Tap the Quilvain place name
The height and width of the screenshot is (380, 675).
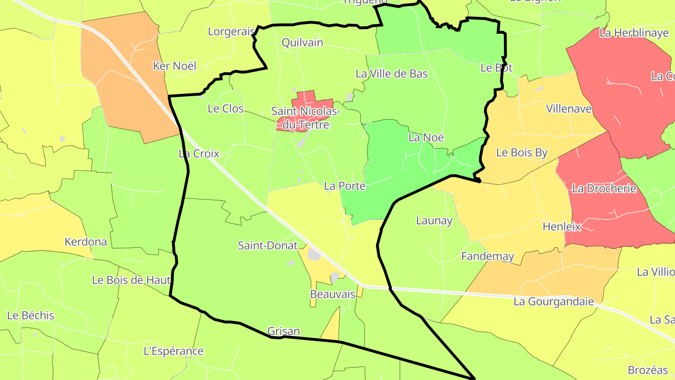coord(302,43)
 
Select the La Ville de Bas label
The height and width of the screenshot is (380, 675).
coord(391,74)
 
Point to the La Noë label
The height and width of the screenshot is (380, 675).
coord(426,137)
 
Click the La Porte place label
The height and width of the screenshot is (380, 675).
coord(345,186)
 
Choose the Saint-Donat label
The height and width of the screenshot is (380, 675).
coord(268,245)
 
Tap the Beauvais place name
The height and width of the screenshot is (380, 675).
coord(333,295)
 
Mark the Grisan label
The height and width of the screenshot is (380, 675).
coord(284,331)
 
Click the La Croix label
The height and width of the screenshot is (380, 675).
coord(199,153)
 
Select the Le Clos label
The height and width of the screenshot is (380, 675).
coord(225,109)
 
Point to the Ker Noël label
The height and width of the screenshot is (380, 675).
coord(175,66)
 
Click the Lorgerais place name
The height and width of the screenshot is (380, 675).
coord(232,31)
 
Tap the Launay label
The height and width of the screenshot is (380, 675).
coord(435,220)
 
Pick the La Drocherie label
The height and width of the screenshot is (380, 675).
coord(604,189)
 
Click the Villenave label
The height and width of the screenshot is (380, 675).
coord(569,109)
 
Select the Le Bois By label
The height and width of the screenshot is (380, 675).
coord(522,152)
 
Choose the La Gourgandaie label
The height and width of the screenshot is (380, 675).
coord(554,301)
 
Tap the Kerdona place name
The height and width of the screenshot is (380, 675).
coord(86,242)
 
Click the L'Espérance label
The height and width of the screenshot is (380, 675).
coord(173,351)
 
